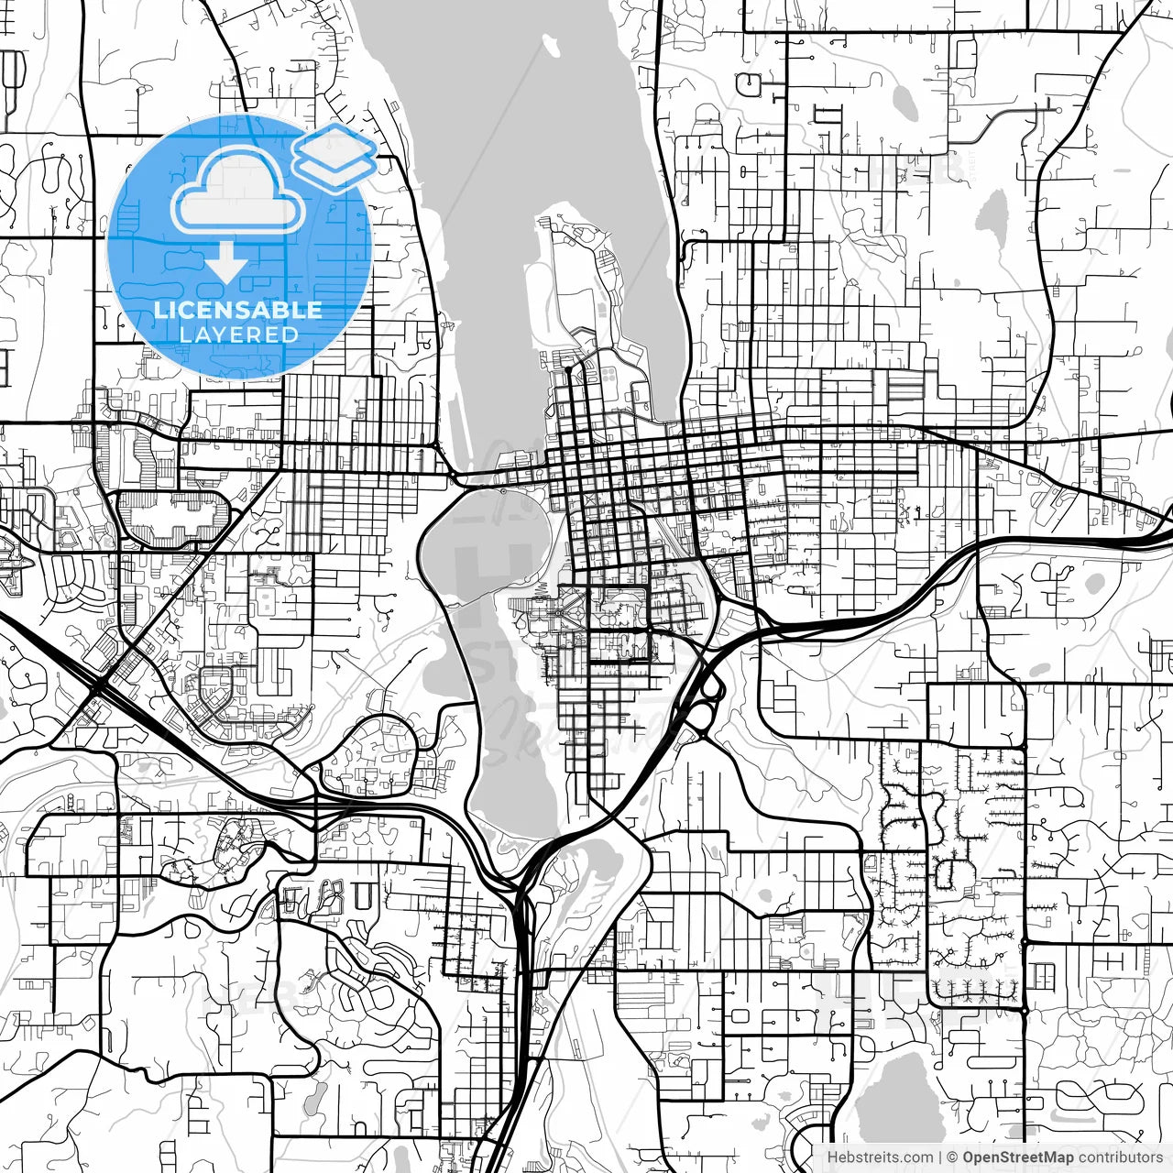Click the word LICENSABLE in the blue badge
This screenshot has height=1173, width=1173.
click(x=238, y=310)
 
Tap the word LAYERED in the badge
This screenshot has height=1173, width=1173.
click(x=238, y=334)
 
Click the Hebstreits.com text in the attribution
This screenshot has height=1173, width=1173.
click(x=881, y=1157)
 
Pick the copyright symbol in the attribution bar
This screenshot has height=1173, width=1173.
click(x=953, y=1157)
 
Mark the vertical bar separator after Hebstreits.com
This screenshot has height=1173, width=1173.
click(x=941, y=1157)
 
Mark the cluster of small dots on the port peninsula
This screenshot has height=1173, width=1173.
click(x=608, y=375)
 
